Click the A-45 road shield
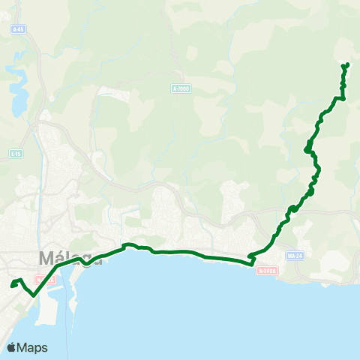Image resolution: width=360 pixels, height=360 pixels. [x=19, y=28]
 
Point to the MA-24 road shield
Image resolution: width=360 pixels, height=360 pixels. [x=295, y=255]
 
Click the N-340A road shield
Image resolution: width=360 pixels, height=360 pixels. [x=266, y=271]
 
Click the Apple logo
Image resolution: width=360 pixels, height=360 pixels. [x=11, y=347]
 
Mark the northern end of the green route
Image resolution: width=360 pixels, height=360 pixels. [x=346, y=65]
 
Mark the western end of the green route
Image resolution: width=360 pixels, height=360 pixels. [x=11, y=285]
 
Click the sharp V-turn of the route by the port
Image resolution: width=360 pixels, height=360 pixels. [x=34, y=295]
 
